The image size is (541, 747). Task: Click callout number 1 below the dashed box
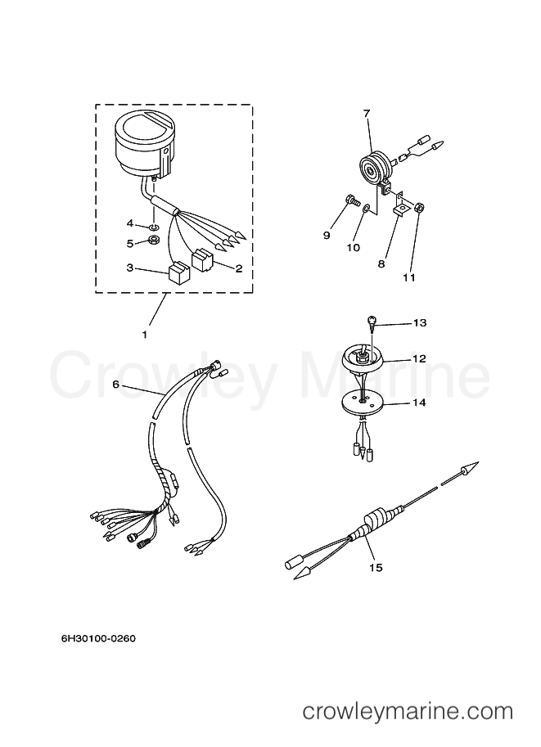point(145,335)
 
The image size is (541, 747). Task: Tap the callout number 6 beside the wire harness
point(116,385)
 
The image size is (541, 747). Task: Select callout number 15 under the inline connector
point(376,567)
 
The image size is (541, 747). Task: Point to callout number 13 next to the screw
point(420,323)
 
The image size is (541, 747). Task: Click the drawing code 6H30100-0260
point(98,638)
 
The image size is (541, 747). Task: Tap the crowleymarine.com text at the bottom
point(408,712)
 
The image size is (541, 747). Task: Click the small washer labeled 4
point(155,226)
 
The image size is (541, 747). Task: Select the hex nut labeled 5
point(154,240)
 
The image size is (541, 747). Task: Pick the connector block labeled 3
point(178,272)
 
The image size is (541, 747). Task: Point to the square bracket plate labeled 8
point(400,209)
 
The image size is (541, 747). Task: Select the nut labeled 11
point(420,207)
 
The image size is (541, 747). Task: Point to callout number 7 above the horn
point(366,113)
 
